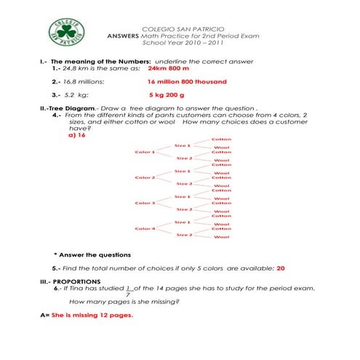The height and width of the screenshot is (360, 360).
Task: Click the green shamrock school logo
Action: [66, 30]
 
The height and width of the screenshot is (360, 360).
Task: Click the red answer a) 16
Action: [77, 135]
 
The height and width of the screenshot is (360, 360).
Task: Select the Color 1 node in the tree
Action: [145, 151]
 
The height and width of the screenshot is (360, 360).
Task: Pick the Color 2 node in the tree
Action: [145, 177]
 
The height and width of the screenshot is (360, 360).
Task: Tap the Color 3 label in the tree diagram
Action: [145, 203]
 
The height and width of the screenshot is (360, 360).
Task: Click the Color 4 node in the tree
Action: [145, 228]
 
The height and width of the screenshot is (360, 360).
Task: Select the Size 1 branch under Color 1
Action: [183, 145]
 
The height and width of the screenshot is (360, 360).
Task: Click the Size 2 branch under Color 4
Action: [184, 235]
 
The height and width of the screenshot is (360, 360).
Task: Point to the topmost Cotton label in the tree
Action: [222, 139]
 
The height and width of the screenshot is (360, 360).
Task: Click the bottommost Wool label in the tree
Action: [222, 237]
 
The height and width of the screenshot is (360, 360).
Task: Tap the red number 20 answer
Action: [280, 268]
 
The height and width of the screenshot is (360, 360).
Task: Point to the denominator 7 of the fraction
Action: [129, 294]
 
